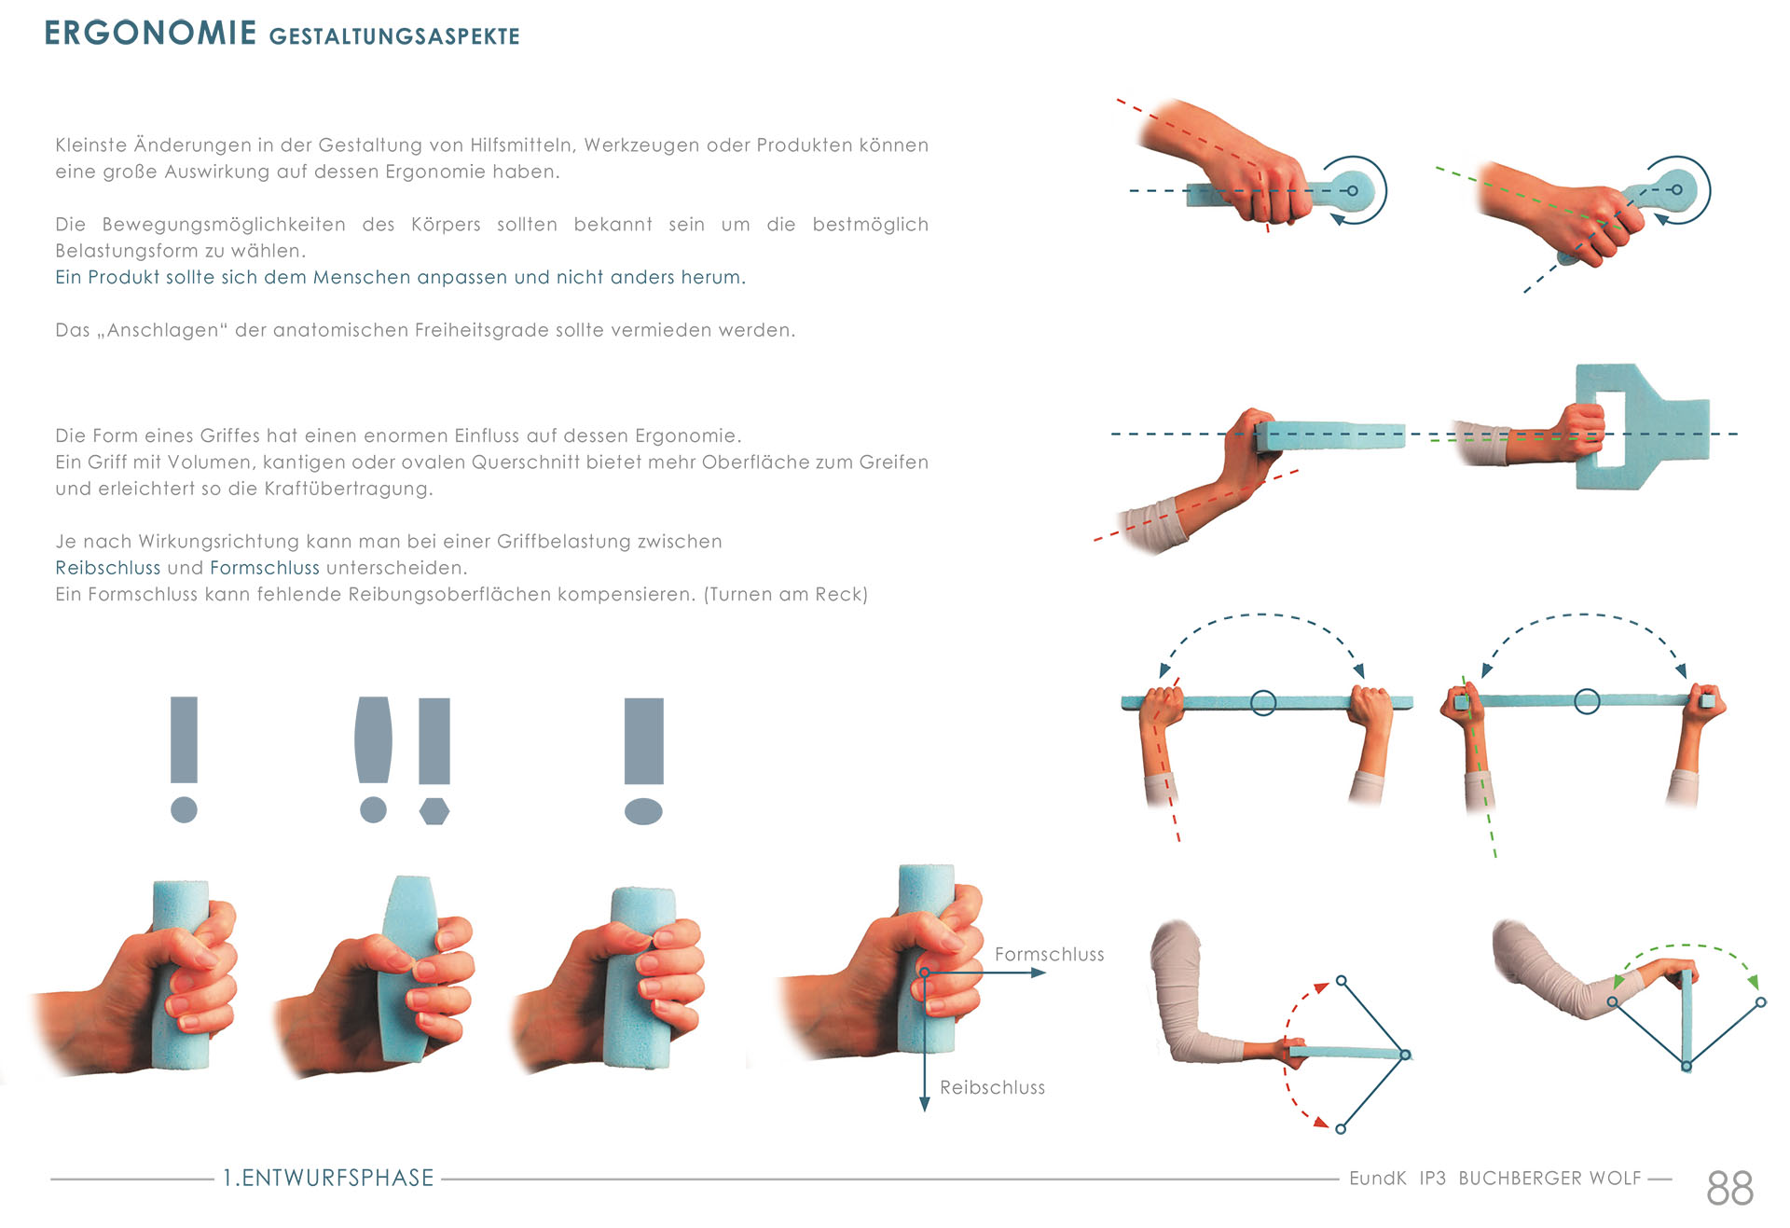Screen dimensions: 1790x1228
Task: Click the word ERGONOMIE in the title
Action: tap(150, 33)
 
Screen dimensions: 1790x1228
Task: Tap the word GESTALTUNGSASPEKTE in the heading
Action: tap(394, 36)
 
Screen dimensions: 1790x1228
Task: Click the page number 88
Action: tap(1729, 1188)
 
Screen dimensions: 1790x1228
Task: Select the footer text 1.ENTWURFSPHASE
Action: tap(328, 1178)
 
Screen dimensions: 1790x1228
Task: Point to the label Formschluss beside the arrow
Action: tap(1049, 954)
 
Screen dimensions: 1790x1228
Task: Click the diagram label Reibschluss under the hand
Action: tap(992, 1087)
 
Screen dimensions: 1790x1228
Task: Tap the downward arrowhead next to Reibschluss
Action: tap(924, 1104)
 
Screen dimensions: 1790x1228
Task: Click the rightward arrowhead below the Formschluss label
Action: tap(1038, 973)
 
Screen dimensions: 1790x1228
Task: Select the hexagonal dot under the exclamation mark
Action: tap(434, 810)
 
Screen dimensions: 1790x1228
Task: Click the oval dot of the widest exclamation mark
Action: tap(643, 811)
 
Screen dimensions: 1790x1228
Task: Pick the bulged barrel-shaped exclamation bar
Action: tap(373, 739)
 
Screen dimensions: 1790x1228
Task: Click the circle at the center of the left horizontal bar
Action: tap(1263, 702)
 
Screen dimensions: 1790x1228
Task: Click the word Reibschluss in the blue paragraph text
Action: tap(108, 568)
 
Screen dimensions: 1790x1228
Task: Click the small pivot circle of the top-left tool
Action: tap(1353, 190)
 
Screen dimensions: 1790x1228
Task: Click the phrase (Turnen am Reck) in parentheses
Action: tap(785, 594)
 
